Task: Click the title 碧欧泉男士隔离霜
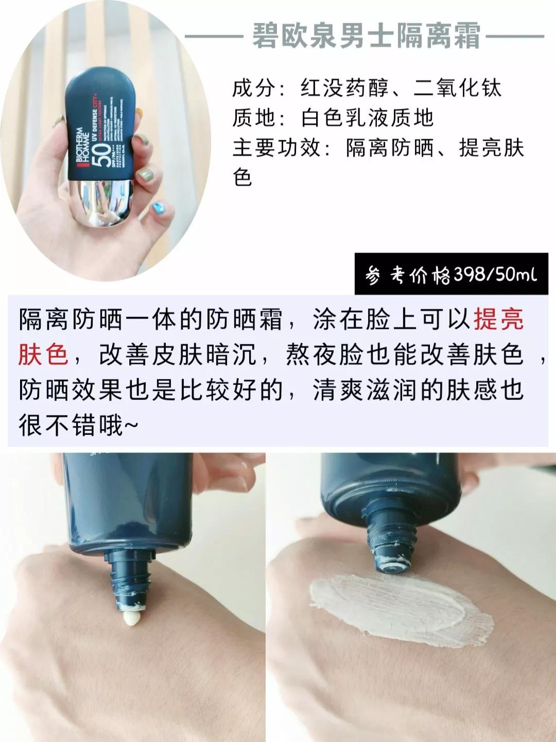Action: coord(366,37)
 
